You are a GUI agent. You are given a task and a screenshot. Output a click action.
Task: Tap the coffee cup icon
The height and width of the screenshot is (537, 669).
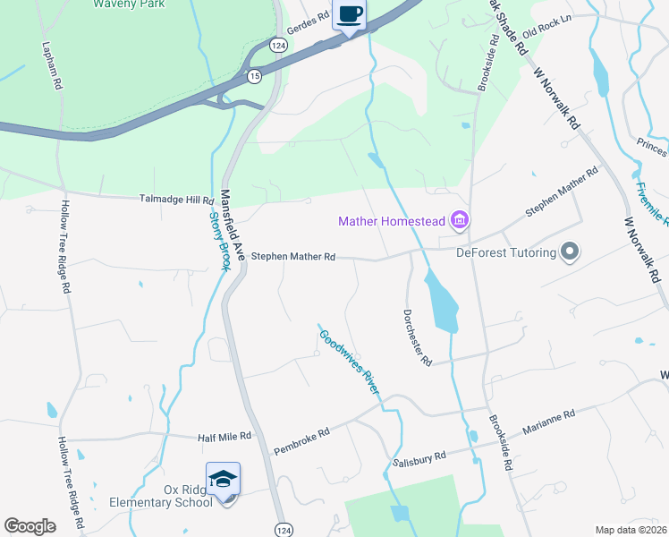350,15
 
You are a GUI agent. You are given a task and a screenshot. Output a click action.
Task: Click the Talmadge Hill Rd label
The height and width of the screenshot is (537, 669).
175,200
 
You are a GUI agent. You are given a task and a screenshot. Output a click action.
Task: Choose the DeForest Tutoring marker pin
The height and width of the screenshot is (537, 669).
568,252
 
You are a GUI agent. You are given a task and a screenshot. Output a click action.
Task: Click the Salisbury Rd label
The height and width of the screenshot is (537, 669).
419,458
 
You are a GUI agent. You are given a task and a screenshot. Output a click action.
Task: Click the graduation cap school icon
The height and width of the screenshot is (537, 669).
223,479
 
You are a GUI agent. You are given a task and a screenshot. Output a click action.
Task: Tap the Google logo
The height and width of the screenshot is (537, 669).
30,525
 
